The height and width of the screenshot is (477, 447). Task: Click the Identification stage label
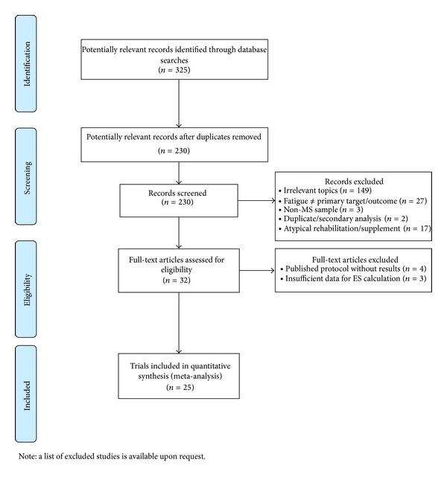click(28, 64)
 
